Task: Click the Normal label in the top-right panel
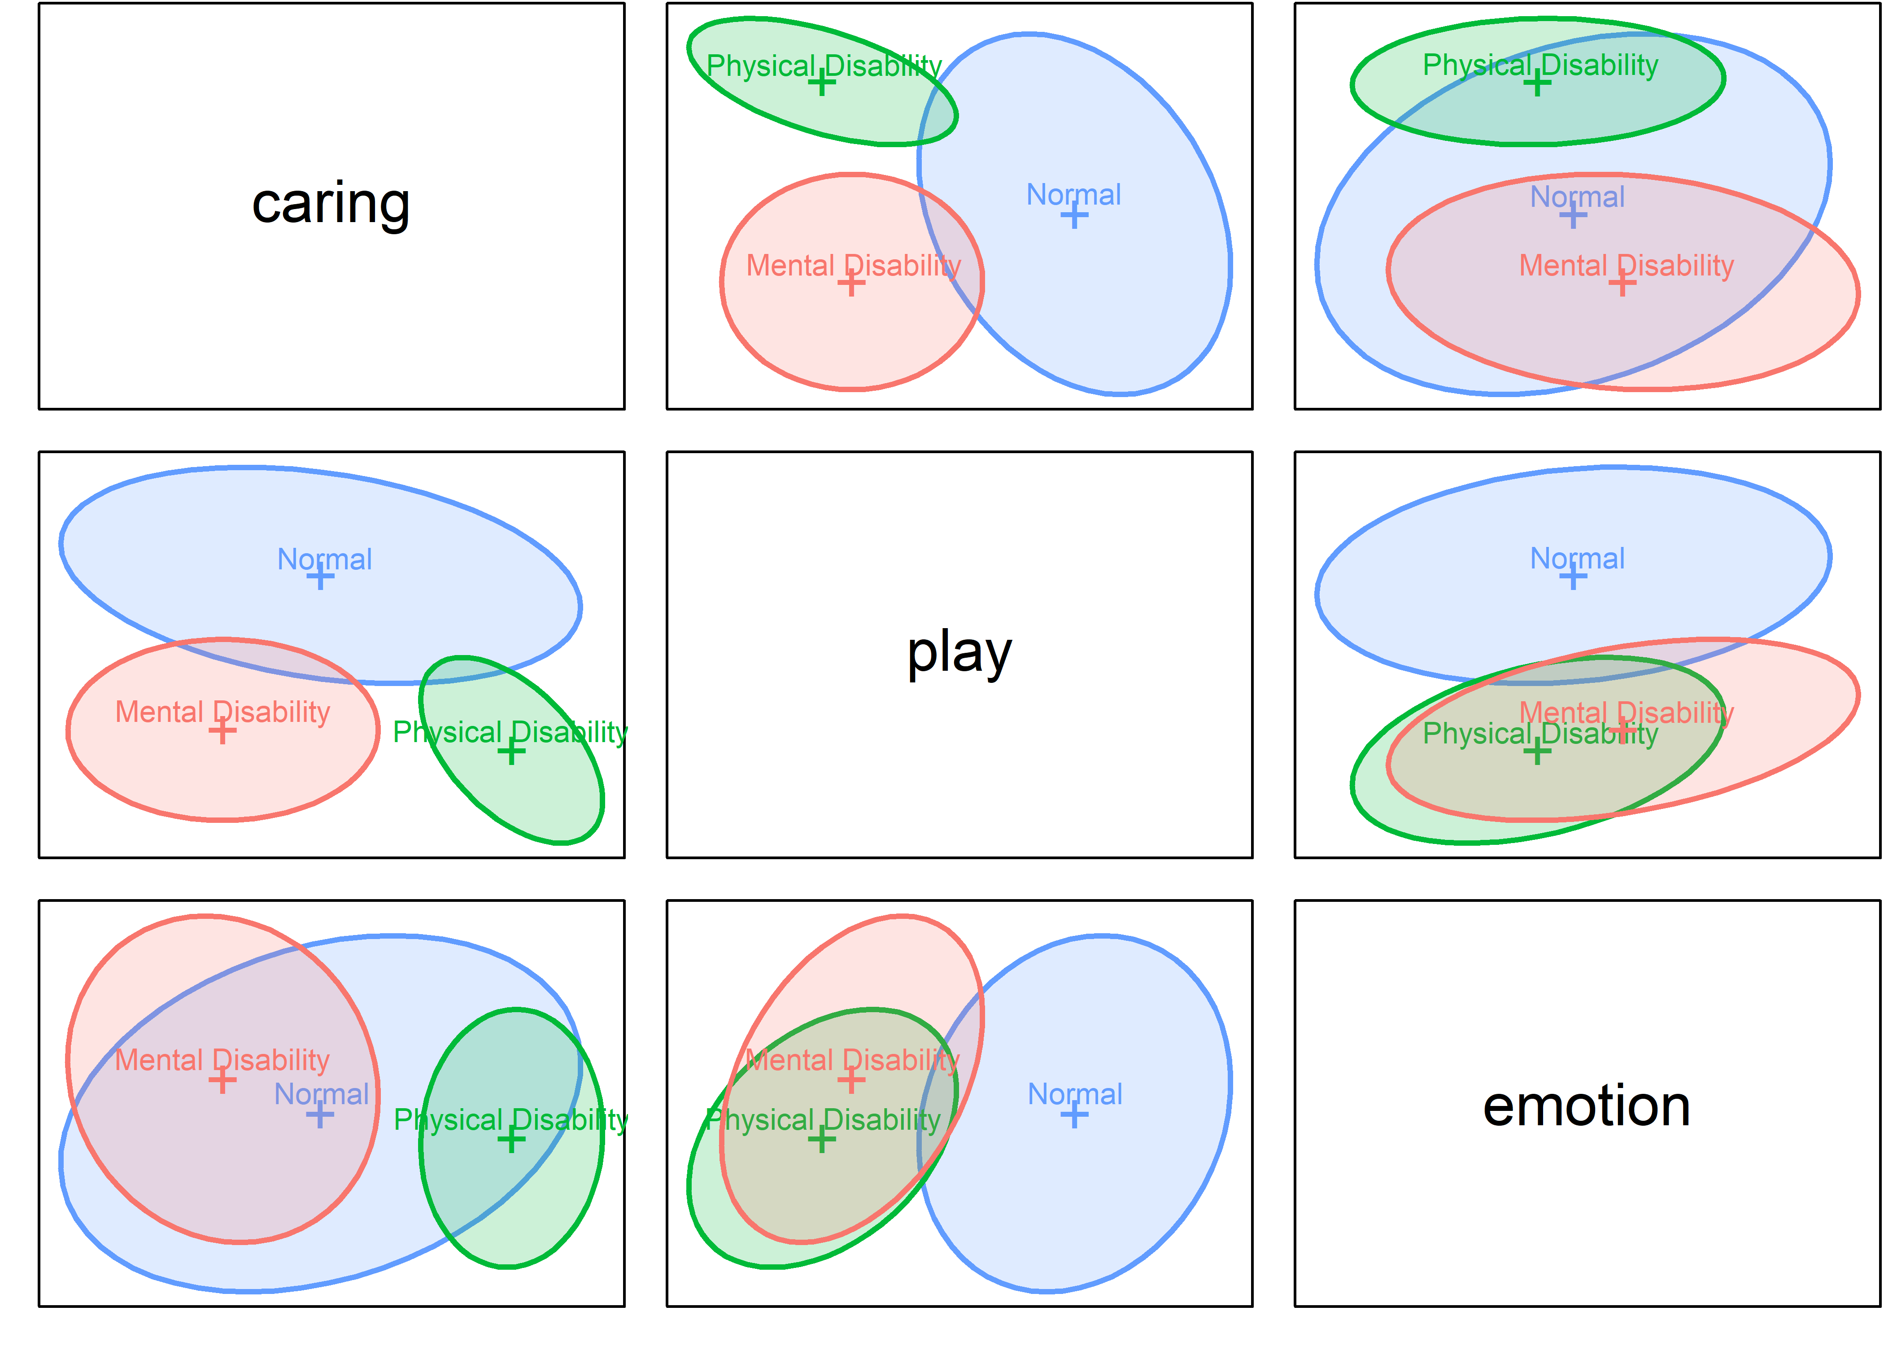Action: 1577,197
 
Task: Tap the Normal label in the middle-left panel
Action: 324,559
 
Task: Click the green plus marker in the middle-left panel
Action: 511,752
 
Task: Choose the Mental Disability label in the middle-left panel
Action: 222,712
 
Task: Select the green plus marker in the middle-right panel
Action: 1537,752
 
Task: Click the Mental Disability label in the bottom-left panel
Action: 222,1060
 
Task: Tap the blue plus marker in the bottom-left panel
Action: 320,1115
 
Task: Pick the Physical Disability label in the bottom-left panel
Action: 510,1120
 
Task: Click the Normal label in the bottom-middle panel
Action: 1075,1094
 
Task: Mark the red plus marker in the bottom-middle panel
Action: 851,1080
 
